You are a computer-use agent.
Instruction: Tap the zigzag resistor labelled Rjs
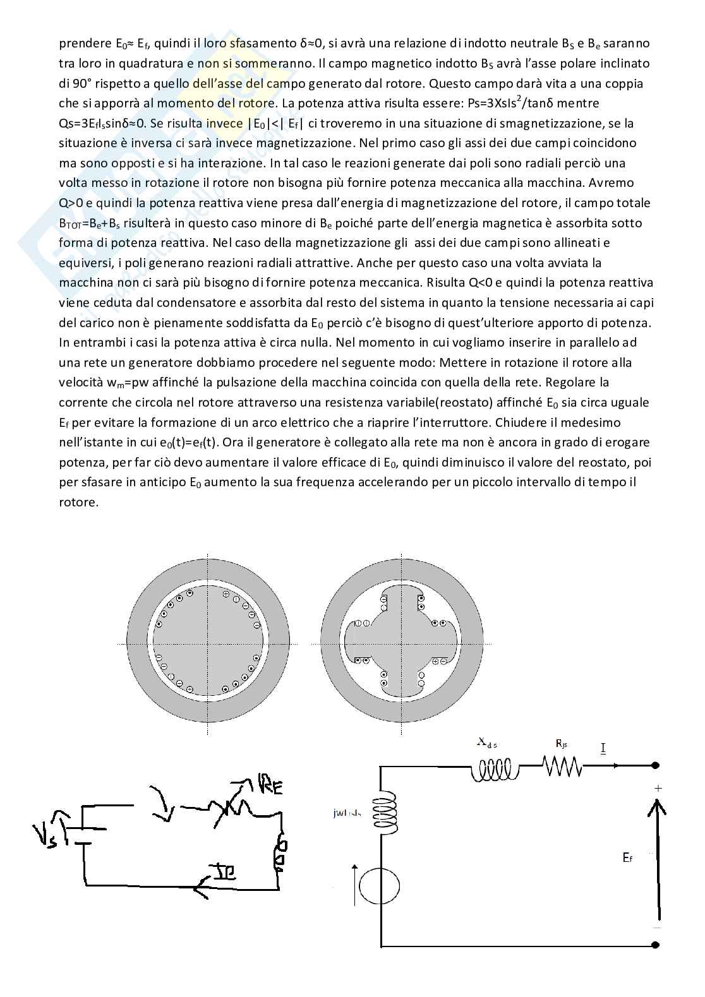tap(561, 767)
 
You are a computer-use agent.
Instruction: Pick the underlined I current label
tap(603, 748)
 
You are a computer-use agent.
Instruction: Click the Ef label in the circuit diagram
tap(627, 857)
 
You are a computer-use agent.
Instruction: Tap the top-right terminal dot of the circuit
tap(656, 766)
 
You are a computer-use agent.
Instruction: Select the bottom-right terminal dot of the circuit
tap(656, 945)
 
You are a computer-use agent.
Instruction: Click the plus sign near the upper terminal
tap(658, 788)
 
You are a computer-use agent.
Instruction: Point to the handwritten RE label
tap(267, 785)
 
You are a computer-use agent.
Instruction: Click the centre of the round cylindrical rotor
tap(207, 643)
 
